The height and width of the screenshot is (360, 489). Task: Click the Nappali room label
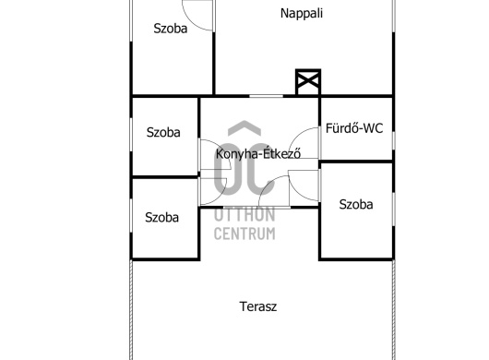(x=302, y=14)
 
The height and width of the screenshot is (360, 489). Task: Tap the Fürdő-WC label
(x=354, y=128)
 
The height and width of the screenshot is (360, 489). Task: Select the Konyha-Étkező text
(x=258, y=153)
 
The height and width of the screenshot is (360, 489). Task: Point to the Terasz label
(x=258, y=306)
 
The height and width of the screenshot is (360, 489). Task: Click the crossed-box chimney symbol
(x=308, y=82)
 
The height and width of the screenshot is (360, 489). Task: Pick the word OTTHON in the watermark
(x=244, y=215)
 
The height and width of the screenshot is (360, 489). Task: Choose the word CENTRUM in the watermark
(x=244, y=234)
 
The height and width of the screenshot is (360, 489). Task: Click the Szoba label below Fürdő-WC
(x=356, y=204)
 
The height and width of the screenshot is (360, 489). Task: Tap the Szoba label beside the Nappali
(x=171, y=29)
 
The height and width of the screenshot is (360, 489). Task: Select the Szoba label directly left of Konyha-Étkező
(x=163, y=132)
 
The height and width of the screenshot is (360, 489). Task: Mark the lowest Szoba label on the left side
(x=161, y=217)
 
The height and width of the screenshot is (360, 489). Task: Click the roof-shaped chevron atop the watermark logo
(x=244, y=127)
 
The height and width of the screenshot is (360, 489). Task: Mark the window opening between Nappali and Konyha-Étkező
(x=266, y=96)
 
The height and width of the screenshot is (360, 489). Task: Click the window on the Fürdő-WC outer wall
(x=393, y=141)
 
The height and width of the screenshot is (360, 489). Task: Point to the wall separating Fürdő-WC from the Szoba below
(x=356, y=162)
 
